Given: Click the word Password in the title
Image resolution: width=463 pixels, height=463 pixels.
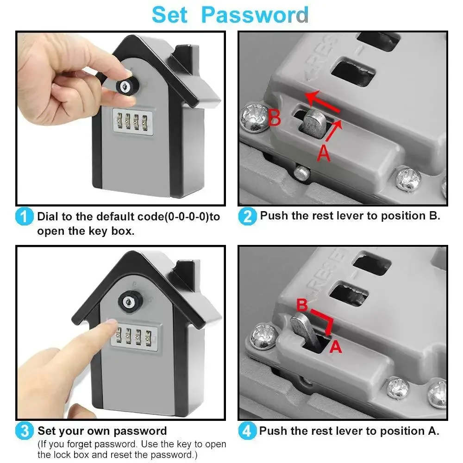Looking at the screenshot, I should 255,15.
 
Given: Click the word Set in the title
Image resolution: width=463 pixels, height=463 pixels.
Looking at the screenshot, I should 169,15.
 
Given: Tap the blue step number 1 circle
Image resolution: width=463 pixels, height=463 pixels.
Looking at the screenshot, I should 24,217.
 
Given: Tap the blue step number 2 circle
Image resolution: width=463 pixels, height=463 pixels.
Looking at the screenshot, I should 247,217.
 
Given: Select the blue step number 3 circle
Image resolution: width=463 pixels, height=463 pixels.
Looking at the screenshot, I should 24,432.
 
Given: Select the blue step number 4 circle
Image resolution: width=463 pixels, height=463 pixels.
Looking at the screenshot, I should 247,432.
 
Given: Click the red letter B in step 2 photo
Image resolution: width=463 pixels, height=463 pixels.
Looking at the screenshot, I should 275,118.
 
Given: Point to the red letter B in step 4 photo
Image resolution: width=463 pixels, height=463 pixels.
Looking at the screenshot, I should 302,305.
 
